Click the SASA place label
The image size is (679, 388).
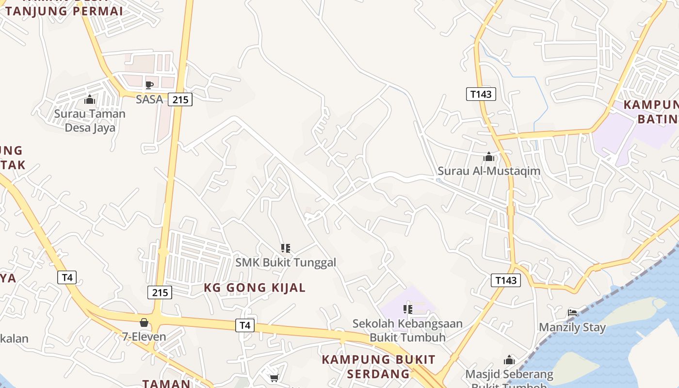pyautogui.click(x=149, y=99)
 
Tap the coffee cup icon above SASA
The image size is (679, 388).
pyautogui.click(x=149, y=85)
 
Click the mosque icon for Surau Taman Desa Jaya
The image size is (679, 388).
pyautogui.click(x=90, y=100)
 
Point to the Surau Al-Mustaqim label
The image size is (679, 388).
pyautogui.click(x=489, y=171)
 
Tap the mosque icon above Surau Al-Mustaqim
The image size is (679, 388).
pyautogui.click(x=489, y=157)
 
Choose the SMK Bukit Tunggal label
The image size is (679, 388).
pyautogui.click(x=286, y=262)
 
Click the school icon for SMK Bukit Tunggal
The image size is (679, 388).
pyautogui.click(x=286, y=248)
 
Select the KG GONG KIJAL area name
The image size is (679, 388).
pyautogui.click(x=255, y=288)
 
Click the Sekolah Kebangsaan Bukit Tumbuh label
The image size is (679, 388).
pyautogui.click(x=407, y=330)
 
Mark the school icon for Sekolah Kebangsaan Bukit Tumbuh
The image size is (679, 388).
pyautogui.click(x=407, y=309)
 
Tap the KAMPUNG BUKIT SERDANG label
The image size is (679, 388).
pyautogui.click(x=378, y=367)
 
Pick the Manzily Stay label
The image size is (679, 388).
pyautogui.click(x=572, y=327)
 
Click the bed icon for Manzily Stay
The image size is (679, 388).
pyautogui.click(x=572, y=312)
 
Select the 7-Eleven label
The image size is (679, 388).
pyautogui.click(x=144, y=336)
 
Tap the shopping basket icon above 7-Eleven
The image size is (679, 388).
pyautogui.click(x=144, y=323)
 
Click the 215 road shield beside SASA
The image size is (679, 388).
pyautogui.click(x=180, y=100)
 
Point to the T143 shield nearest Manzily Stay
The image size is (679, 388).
pyautogui.click(x=506, y=280)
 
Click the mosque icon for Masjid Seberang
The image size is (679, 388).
pyautogui.click(x=509, y=360)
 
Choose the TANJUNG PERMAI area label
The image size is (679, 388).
pyautogui.click(x=64, y=11)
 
